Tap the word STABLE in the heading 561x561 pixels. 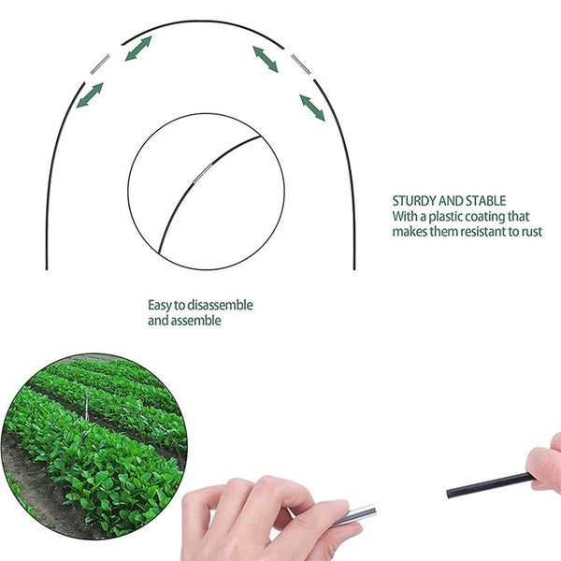click(x=483, y=201)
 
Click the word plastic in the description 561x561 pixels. click(x=448, y=216)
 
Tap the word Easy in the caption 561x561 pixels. click(x=160, y=306)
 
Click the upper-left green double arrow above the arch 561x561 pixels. click(x=138, y=49)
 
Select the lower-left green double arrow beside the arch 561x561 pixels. click(x=91, y=94)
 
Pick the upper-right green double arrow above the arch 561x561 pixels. click(x=266, y=59)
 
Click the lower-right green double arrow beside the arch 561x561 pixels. click(x=312, y=108)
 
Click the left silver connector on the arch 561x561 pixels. click(x=99, y=65)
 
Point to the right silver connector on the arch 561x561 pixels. click(x=300, y=64)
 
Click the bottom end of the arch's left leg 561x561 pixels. click(x=47, y=267)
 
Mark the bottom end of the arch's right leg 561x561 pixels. click(x=354, y=267)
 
